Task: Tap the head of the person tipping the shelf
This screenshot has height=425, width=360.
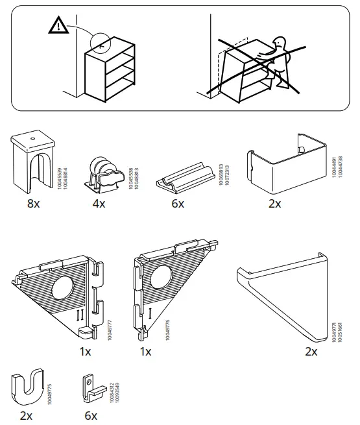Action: coord(280,44)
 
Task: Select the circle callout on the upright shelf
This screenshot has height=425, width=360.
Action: coord(102,43)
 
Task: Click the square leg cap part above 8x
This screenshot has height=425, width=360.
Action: coord(32,162)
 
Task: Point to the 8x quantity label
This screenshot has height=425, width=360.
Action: coord(32,204)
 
